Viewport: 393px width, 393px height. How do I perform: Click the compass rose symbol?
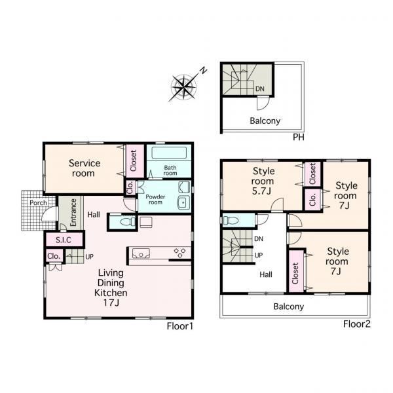(184, 87)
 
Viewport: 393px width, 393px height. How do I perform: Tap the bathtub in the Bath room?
(169, 153)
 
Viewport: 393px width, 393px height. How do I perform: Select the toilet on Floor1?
(127, 221)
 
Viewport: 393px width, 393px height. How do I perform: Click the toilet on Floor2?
(230, 221)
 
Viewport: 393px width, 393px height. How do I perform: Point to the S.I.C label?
(64, 240)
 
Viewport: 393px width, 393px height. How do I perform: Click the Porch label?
(38, 202)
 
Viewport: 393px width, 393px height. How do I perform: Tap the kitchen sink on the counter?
(141, 253)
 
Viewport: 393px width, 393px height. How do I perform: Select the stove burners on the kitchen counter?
(179, 252)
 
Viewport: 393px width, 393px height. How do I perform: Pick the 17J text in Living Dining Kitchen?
(111, 303)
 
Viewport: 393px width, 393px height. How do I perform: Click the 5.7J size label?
(261, 191)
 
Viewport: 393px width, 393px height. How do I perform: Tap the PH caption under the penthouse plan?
(299, 137)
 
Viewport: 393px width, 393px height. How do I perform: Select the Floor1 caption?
(180, 326)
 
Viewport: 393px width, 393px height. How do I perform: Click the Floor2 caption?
(357, 324)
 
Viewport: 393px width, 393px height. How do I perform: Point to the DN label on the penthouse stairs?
(260, 88)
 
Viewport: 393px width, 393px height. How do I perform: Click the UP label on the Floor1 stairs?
(90, 257)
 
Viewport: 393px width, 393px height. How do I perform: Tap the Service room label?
(84, 168)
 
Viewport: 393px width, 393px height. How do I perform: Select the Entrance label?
(73, 212)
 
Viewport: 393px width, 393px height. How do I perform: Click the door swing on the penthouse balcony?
(263, 103)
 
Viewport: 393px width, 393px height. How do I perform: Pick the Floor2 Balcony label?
(288, 307)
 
